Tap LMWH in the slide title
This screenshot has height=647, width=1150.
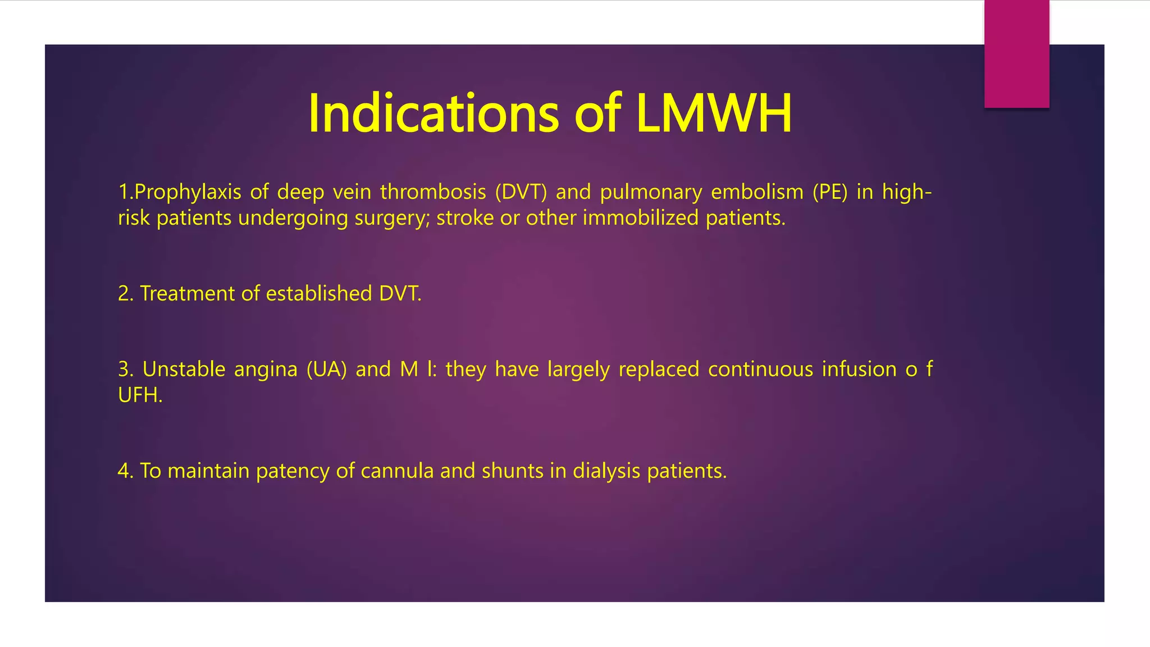pos(714,114)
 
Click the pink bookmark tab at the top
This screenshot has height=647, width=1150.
pos(1016,54)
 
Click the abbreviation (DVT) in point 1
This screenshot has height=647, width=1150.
pos(521,193)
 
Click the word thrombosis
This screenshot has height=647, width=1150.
pos(433,193)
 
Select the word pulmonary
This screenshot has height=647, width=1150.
pos(651,193)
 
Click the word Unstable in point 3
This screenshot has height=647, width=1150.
pos(184,370)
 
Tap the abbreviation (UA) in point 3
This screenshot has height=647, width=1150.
pos(326,370)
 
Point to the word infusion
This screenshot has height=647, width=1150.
pos(859,370)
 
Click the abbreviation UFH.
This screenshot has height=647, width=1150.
pos(140,395)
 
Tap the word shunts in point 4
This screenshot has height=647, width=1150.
pos(512,471)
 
